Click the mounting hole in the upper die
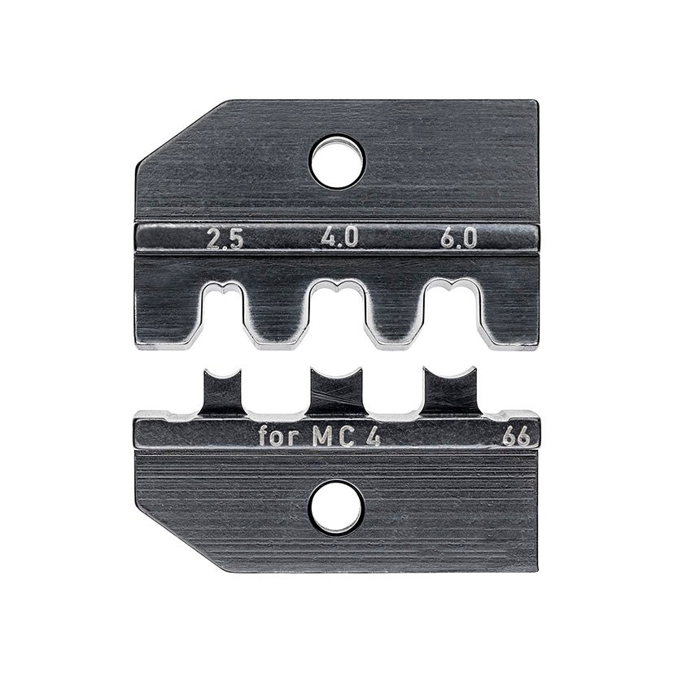(x=335, y=159)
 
